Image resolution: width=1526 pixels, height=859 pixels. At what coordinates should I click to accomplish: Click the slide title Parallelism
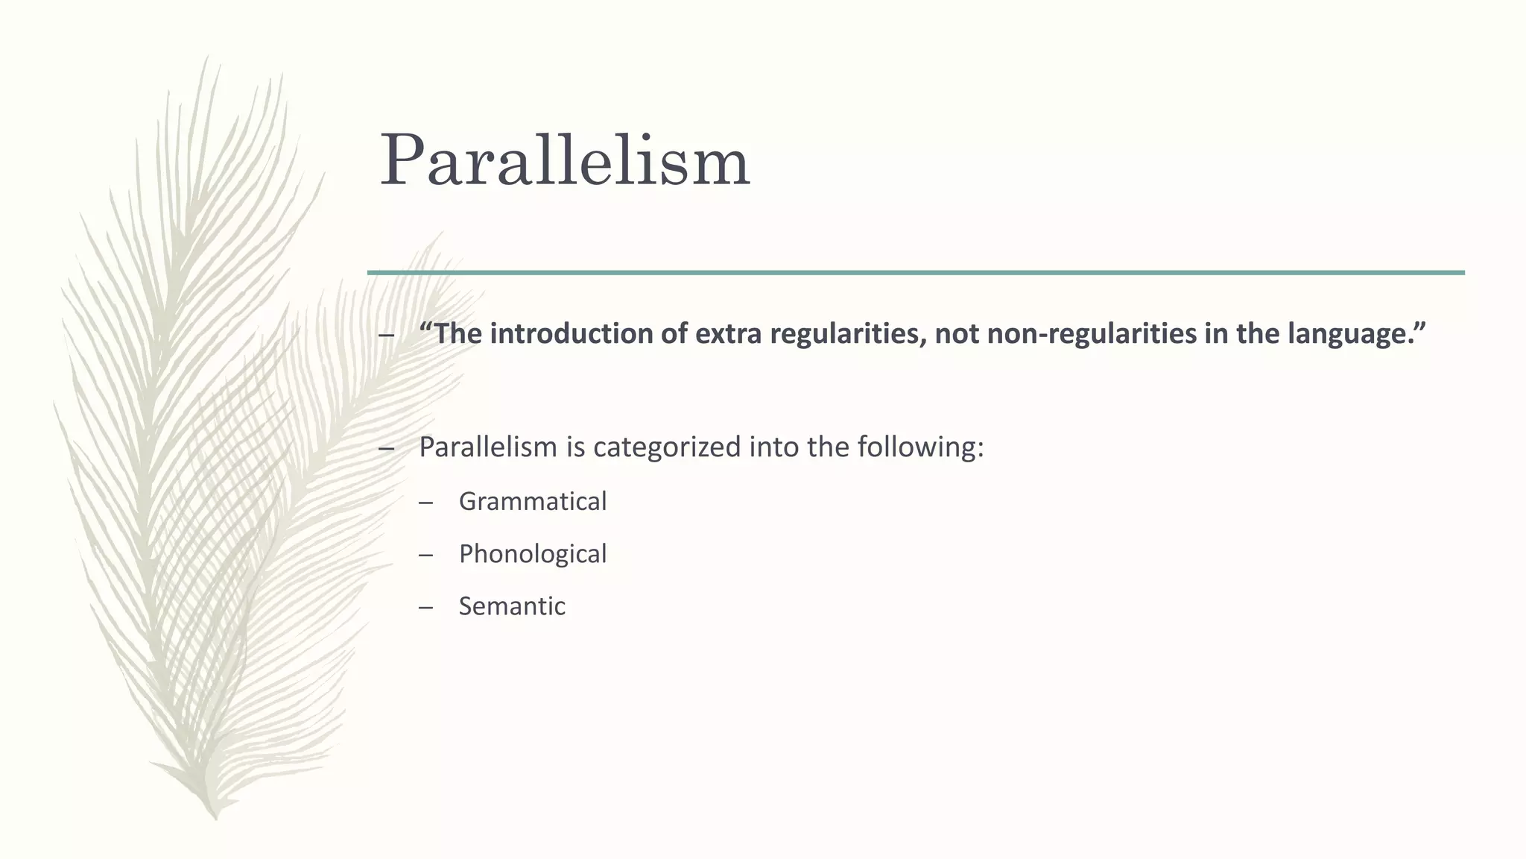coord(564,160)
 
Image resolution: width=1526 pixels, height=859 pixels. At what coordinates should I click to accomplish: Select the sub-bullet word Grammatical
coord(532,501)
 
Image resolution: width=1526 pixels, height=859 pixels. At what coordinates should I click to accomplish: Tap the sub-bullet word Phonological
coord(532,554)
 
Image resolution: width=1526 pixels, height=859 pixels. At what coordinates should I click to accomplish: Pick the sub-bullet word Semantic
coord(512,606)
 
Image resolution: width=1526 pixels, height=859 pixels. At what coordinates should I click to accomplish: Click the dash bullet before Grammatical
coord(425,503)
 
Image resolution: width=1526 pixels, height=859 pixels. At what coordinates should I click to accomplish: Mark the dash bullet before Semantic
coord(425,608)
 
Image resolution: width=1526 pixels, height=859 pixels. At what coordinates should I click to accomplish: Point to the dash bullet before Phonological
coord(425,556)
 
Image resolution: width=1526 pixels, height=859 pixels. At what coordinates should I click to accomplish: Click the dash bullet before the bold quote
coord(386,336)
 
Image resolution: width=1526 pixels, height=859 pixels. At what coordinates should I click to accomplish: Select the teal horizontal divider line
coord(916,273)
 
